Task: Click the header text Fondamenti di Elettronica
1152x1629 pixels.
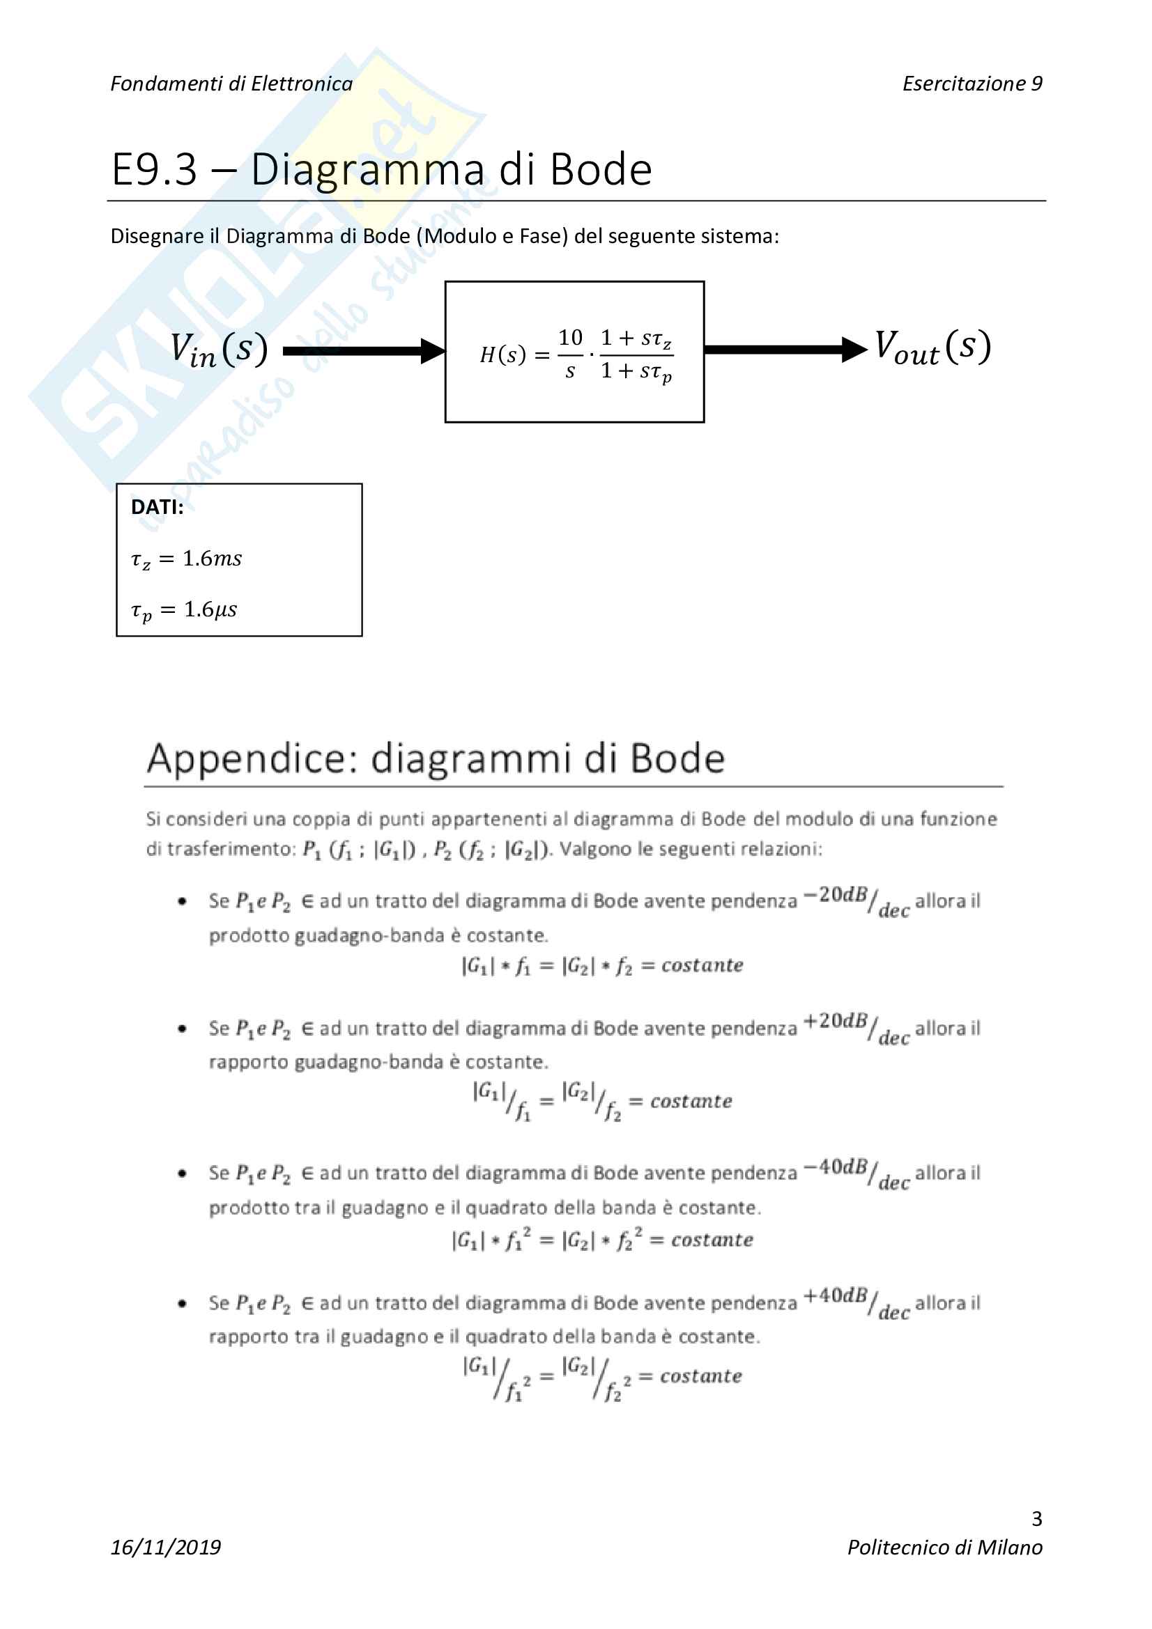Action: click(231, 84)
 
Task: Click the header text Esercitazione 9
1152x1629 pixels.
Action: click(971, 84)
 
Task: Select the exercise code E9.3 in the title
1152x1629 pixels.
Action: click(154, 169)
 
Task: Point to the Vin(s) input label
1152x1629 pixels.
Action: click(219, 350)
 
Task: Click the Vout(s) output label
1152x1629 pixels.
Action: click(932, 348)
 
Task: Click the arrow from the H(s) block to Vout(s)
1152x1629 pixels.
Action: click(785, 349)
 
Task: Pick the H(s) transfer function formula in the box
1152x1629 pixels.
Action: click(576, 354)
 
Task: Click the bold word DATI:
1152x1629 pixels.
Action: click(157, 506)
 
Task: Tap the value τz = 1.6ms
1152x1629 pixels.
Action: click(186, 559)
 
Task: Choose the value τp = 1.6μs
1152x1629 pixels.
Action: click(184, 610)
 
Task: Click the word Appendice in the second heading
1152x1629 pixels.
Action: click(252, 758)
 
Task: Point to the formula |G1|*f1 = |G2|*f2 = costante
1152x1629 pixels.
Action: click(602, 965)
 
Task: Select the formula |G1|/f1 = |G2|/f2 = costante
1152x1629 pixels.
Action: click(602, 1101)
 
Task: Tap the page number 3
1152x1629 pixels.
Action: click(1036, 1518)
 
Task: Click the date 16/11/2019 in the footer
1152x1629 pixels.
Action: click(165, 1548)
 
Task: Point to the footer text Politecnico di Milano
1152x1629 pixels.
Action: click(945, 1548)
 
